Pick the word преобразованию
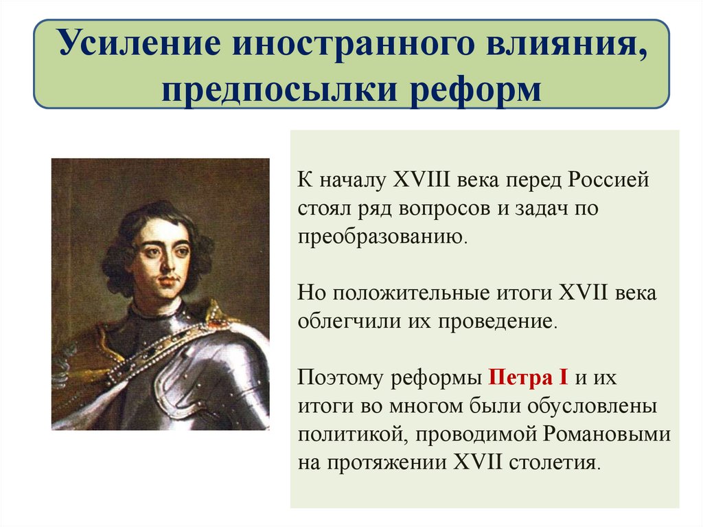tap(382, 237)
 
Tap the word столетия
tap(554, 462)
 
